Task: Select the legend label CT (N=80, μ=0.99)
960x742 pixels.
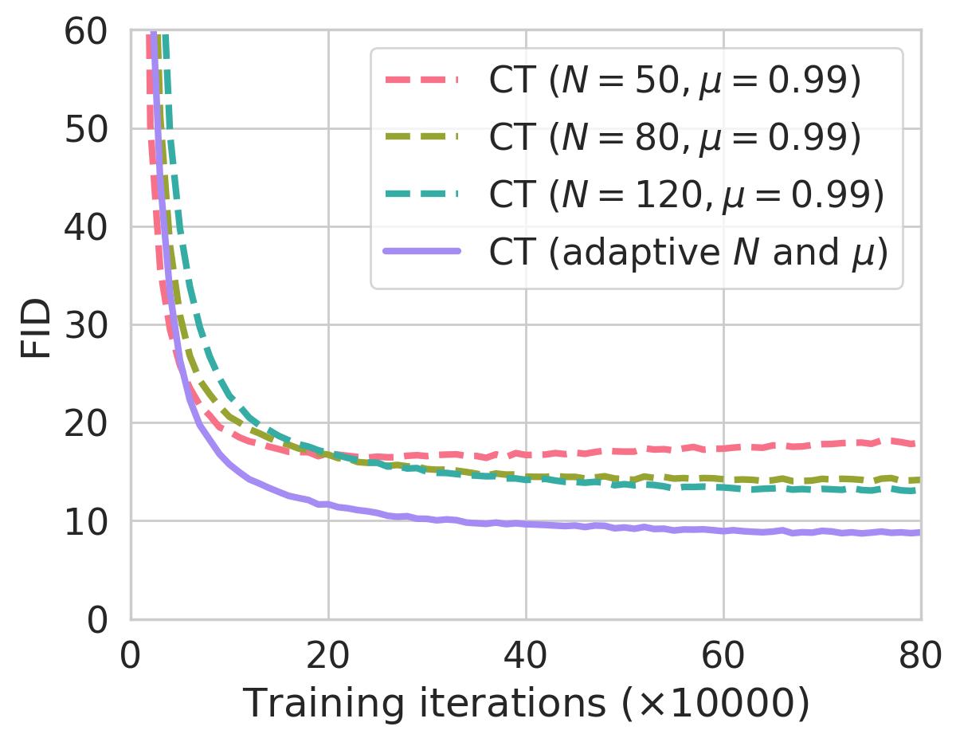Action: [x=674, y=138]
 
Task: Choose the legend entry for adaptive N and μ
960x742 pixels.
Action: [x=688, y=253]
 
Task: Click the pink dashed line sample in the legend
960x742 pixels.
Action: [x=421, y=80]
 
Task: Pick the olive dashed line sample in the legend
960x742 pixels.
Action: [x=421, y=138]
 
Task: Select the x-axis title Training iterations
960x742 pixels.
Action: [x=526, y=703]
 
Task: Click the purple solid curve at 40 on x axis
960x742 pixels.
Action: [x=526, y=524]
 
